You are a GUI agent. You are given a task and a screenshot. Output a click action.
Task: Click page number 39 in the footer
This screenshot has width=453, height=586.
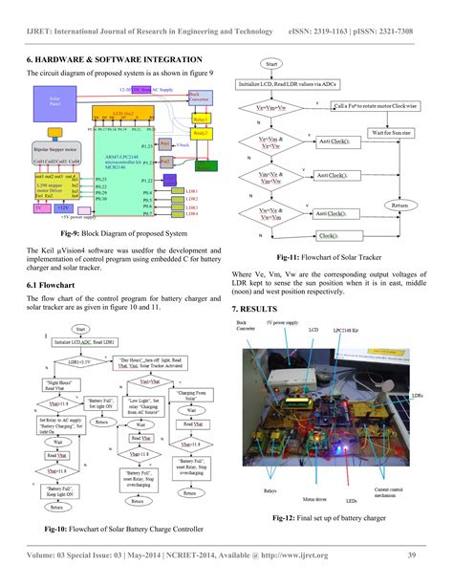pos(410,555)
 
